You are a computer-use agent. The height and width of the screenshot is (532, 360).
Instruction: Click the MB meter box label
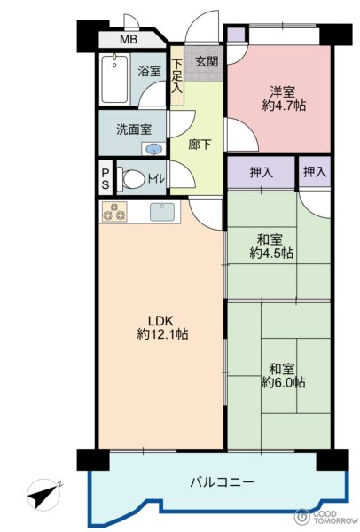click(129, 39)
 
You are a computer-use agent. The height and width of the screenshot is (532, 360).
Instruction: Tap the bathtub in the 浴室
click(114, 79)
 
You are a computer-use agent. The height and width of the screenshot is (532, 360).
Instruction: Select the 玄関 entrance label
click(207, 62)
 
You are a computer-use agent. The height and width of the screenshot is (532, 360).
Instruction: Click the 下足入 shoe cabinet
click(176, 76)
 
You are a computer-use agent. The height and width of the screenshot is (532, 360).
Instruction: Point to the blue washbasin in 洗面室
click(154, 149)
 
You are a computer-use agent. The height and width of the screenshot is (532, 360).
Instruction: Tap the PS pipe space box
click(106, 178)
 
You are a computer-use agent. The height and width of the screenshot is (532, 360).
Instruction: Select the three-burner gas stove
click(114, 212)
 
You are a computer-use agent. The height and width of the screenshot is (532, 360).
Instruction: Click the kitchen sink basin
click(162, 212)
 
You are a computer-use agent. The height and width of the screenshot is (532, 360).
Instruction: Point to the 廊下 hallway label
click(200, 145)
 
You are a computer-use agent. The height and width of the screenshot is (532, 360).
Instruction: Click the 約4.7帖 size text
click(284, 106)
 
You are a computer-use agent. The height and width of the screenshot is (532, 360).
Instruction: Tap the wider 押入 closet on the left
click(261, 172)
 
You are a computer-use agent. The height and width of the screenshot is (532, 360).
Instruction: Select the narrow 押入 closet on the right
click(315, 172)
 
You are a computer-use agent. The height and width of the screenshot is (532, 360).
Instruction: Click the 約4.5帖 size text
click(271, 254)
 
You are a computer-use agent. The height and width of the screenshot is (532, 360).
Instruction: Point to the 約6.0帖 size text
click(284, 382)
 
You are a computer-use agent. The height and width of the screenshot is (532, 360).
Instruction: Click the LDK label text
click(160, 321)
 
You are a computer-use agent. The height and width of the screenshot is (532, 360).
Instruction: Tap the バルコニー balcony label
click(222, 482)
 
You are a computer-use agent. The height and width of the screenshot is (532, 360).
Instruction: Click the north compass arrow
click(45, 494)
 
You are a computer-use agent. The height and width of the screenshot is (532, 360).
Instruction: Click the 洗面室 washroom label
click(134, 129)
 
